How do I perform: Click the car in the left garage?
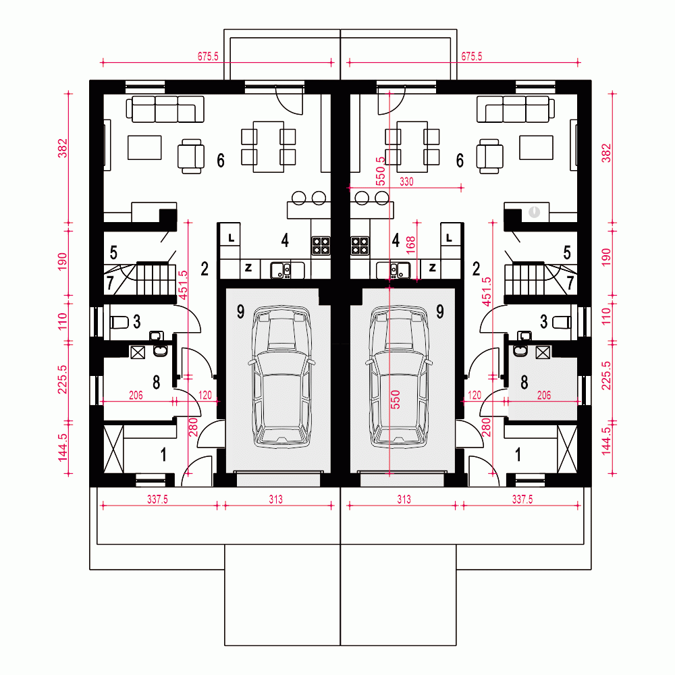point(281,376)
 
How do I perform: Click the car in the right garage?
point(399,376)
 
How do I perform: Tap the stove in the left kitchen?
point(321,246)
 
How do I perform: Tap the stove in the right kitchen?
point(360,246)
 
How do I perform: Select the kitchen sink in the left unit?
point(281,271)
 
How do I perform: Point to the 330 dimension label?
point(406,182)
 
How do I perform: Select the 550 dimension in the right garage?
point(395,400)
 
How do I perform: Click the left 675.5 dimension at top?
point(208,57)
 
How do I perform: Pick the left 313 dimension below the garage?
point(276,500)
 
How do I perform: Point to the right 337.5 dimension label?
point(522,500)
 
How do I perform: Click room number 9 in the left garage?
point(241,311)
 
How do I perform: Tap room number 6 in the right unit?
point(460,161)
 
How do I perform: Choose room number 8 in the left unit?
point(157,382)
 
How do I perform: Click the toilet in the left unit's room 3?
point(119,322)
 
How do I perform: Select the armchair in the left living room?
point(191,157)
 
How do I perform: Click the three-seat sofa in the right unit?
point(516,109)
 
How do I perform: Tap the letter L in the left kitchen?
point(231,238)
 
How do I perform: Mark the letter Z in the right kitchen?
point(432,268)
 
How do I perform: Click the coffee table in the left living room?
point(144,148)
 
